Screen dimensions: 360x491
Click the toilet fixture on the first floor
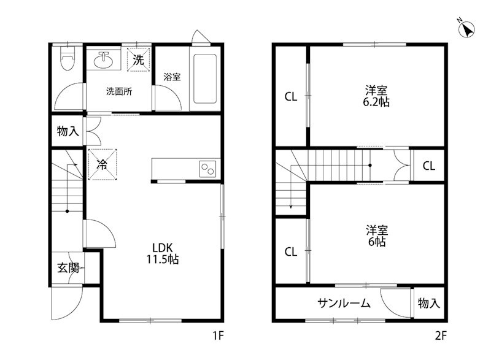click(66, 59)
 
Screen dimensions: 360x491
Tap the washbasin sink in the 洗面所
click(102, 61)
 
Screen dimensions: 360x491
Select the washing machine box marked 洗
click(139, 59)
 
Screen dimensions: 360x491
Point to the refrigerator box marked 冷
click(101, 165)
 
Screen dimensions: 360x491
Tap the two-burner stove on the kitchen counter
click(206, 167)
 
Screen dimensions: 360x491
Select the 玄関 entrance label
click(68, 267)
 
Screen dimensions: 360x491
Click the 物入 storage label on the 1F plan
click(68, 131)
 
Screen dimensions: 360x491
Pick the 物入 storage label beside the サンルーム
click(429, 303)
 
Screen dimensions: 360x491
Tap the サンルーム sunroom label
click(344, 303)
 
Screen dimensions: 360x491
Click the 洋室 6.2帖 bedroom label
click(376, 96)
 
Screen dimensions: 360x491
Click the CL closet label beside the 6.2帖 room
click(291, 96)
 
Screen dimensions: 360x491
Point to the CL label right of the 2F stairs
click(429, 166)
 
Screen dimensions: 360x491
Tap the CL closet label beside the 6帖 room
click(291, 251)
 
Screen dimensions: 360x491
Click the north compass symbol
click(466, 28)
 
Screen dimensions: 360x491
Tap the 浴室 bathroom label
click(172, 77)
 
